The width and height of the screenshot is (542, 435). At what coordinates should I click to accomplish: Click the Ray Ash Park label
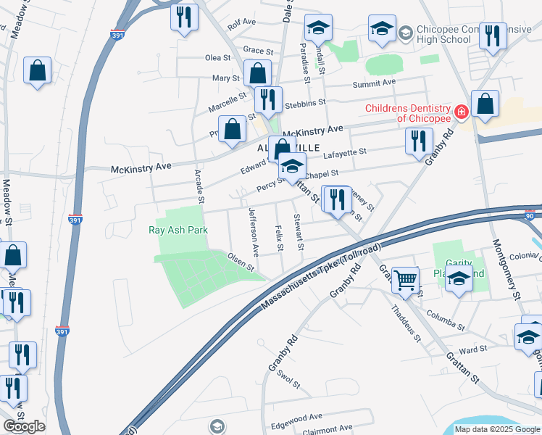(x=178, y=230)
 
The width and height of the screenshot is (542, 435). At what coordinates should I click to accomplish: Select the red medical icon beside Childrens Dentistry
(x=461, y=111)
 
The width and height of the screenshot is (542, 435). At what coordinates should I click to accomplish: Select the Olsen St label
(x=241, y=261)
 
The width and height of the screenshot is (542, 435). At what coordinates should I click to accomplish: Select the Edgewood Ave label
(x=296, y=417)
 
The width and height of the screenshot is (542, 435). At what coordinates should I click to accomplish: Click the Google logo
(x=24, y=426)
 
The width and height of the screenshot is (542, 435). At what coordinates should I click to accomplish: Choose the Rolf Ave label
(x=242, y=23)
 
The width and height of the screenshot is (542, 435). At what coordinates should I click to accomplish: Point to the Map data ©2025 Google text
(x=497, y=429)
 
